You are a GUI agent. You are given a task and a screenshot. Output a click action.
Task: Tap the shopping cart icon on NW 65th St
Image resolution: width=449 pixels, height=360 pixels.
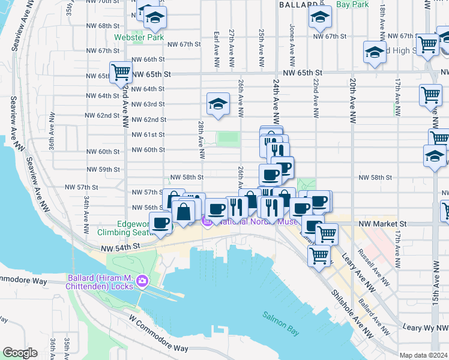[x=121, y=73]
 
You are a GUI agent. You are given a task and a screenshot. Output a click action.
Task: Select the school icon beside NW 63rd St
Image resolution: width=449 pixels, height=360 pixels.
[x=218, y=104]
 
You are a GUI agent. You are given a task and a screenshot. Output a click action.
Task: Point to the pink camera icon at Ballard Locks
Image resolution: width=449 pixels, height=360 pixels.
[x=142, y=280]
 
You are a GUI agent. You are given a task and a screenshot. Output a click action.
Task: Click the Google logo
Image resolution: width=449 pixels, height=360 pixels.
[x=20, y=353]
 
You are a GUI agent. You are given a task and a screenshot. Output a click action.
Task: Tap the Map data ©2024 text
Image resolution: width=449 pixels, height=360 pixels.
[x=423, y=355]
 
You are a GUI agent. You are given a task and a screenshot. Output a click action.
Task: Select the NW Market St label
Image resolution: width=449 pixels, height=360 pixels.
[x=383, y=224]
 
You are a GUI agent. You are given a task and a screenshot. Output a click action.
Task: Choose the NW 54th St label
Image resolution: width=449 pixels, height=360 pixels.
[x=120, y=247]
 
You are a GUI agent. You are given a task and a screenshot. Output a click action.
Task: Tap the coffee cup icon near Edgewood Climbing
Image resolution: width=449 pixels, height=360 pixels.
[x=160, y=224]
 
